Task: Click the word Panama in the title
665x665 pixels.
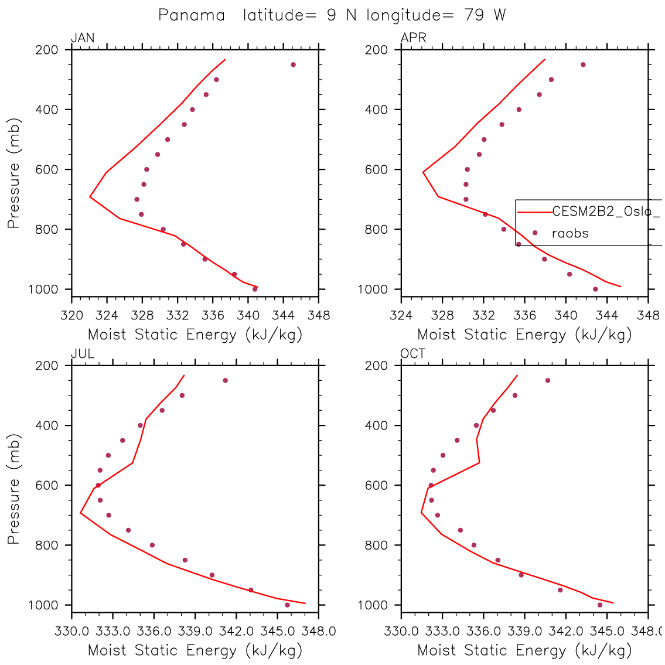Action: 192,15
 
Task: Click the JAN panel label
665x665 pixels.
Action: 83,39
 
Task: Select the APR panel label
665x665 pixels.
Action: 413,39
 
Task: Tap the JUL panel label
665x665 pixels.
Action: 83,354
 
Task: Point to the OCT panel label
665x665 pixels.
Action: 413,354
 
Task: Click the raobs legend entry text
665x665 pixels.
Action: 570,233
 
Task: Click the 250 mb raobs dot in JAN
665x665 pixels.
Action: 293,64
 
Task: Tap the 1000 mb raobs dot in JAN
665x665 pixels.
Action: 255,289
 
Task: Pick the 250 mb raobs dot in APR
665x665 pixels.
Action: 583,64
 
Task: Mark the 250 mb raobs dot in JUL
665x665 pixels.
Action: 225,380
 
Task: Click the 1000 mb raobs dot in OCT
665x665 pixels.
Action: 600,605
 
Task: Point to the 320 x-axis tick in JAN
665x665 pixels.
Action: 71,316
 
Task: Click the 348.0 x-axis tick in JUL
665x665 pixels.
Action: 318,632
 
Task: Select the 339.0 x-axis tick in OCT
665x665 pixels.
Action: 524,632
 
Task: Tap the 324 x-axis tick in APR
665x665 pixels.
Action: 401,316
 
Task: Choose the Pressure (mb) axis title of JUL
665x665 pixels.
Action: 13,489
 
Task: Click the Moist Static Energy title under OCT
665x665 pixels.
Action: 524,650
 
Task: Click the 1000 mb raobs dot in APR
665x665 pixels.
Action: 595,289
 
